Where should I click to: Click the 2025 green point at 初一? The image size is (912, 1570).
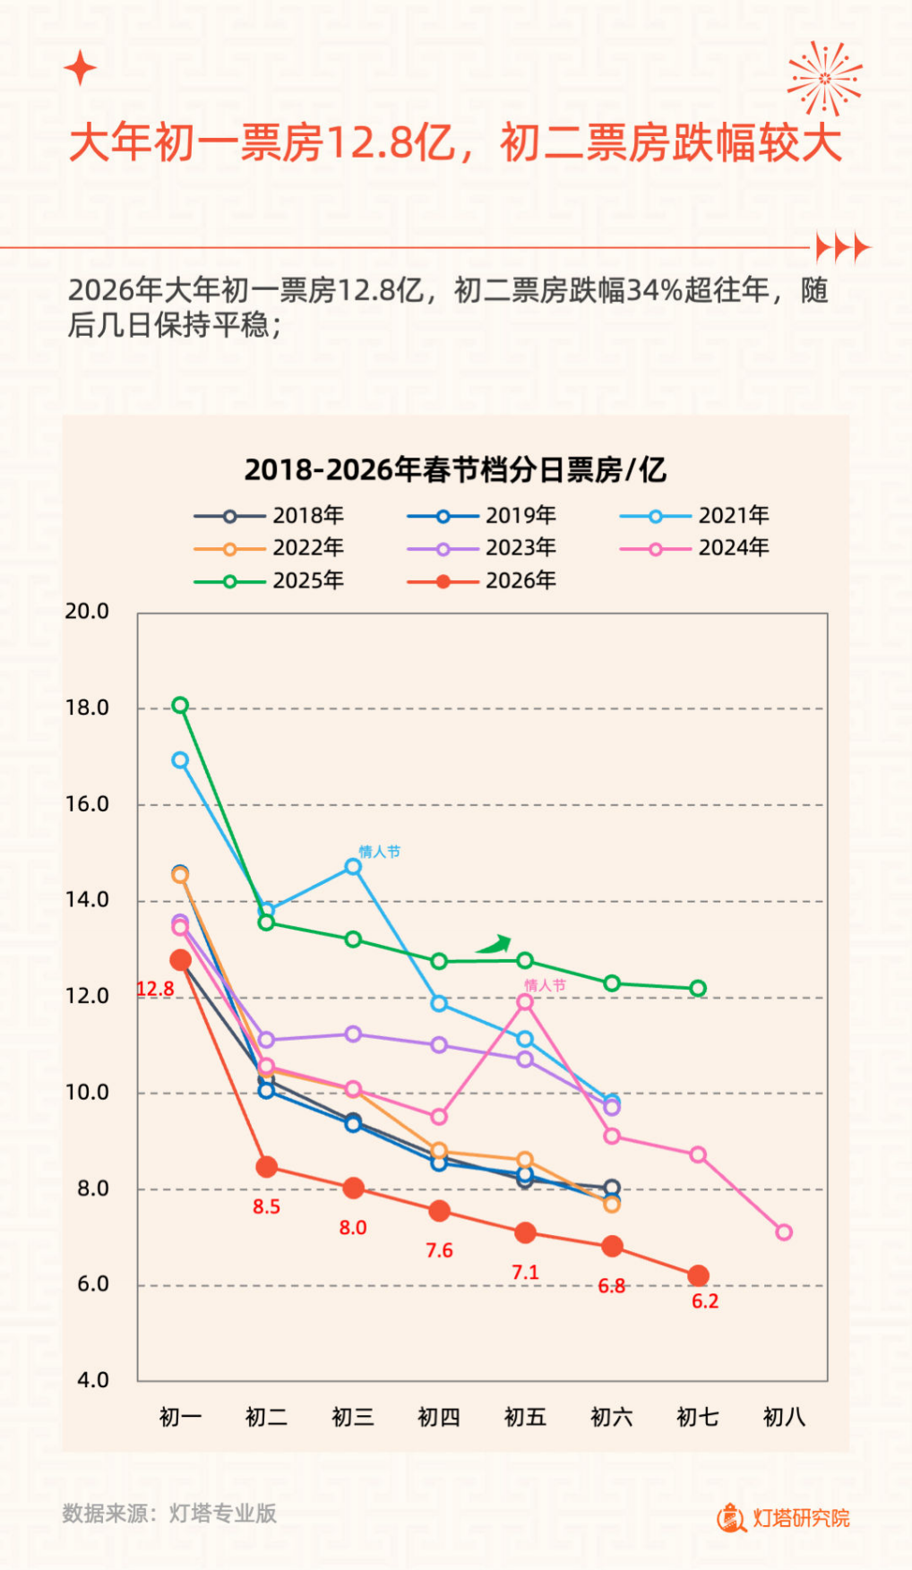coord(180,705)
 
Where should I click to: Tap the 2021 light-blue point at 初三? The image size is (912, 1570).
coord(353,867)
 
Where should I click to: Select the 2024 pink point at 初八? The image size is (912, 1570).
coord(784,1232)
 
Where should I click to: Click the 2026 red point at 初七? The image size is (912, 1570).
coord(699,1275)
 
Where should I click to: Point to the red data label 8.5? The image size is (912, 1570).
coord(266,1207)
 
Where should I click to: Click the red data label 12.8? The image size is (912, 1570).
coord(155,989)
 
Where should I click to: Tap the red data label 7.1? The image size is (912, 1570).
coord(525,1273)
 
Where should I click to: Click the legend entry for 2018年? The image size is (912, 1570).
coord(269,515)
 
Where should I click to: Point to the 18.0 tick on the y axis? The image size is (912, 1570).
coord(87,708)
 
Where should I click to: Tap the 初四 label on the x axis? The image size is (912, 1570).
coord(439,1417)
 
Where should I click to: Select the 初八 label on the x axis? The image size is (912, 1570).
coord(784,1417)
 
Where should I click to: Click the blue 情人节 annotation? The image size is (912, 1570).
coord(379,851)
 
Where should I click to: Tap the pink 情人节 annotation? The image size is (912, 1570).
coord(545,985)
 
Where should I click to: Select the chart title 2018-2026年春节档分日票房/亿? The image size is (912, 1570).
coord(455,469)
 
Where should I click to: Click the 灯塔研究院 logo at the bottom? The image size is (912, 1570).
coord(783,1517)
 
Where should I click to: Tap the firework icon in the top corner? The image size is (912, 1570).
coord(824,79)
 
